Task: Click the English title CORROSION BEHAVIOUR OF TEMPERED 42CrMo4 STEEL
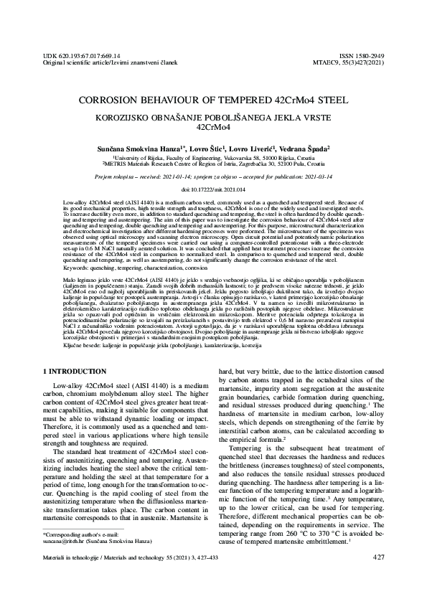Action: [212, 101]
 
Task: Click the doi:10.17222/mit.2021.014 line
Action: [212, 189]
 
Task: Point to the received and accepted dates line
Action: [212, 175]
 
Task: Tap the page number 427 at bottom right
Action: [379, 577]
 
